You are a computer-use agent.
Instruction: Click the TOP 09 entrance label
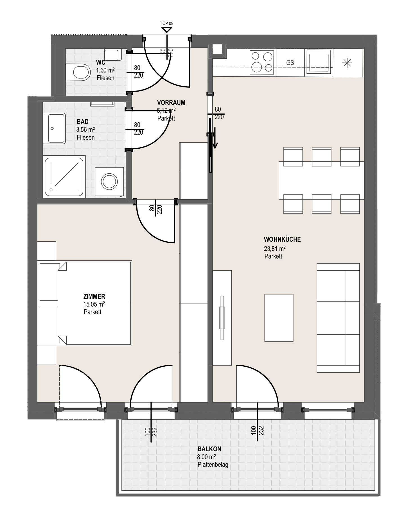(x=167, y=24)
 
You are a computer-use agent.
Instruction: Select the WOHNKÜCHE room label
(x=282, y=239)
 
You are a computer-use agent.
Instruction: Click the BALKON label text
(x=209, y=449)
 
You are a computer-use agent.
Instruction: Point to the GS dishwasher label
(x=290, y=63)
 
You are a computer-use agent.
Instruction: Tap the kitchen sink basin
(x=318, y=63)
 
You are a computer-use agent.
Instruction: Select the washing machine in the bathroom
(x=109, y=182)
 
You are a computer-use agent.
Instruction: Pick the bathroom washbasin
(x=57, y=128)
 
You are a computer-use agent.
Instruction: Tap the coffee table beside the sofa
(x=279, y=318)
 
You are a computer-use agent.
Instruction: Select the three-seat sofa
(x=338, y=318)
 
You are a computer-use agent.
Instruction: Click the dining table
(x=321, y=180)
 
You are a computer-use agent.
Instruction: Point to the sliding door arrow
(x=215, y=137)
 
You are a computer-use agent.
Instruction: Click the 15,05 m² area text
(x=94, y=304)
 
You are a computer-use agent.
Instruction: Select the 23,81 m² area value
(x=275, y=248)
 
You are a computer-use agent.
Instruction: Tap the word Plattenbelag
(x=213, y=464)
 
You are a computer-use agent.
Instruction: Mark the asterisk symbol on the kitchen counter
(x=347, y=63)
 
